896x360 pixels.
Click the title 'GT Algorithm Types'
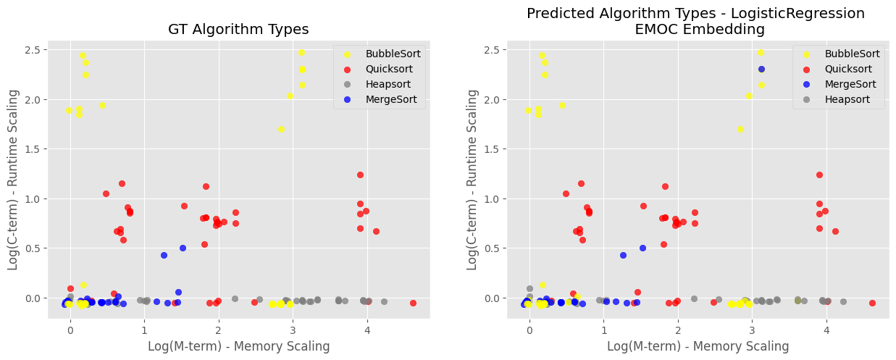pyautogui.click(x=238, y=30)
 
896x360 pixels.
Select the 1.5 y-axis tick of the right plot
pyautogui.click(x=498, y=148)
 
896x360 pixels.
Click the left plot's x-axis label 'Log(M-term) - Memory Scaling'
pyautogui.click(x=238, y=346)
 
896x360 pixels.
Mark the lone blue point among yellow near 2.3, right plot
pyautogui.click(x=761, y=69)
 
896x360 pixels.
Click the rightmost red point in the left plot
pyautogui.click(x=413, y=303)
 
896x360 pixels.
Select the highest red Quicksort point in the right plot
pyautogui.click(x=819, y=175)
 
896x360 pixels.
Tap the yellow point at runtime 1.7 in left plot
pyautogui.click(x=281, y=129)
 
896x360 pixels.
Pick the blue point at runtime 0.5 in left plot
pyautogui.click(x=183, y=248)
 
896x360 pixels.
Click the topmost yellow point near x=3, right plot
pyautogui.click(x=761, y=52)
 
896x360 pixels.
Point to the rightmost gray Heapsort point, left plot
pyautogui.click(x=384, y=301)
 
